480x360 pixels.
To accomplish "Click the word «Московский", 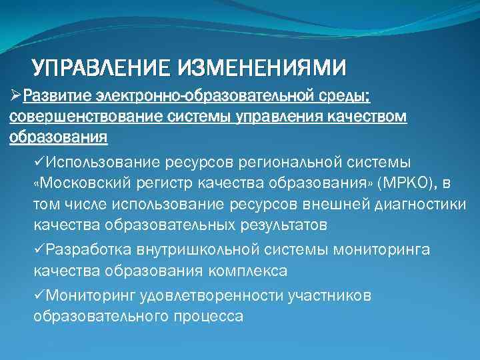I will click(x=74, y=183).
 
